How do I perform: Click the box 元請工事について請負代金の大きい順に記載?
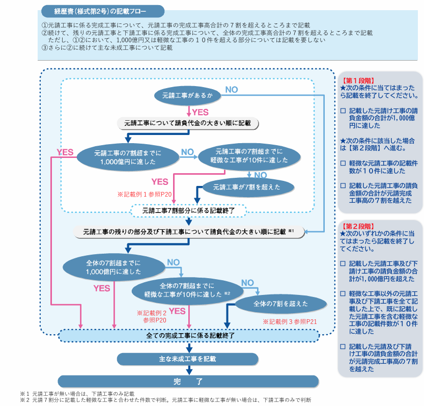[188, 123]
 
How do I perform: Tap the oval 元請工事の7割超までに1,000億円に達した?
[128, 156]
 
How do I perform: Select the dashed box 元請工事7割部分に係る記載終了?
[188, 210]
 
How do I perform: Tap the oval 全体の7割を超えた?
[280, 304]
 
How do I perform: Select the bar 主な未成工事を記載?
[188, 359]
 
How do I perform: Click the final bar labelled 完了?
[188, 381]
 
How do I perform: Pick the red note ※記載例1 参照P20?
[145, 194]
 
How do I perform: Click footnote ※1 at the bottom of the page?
[76, 394]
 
